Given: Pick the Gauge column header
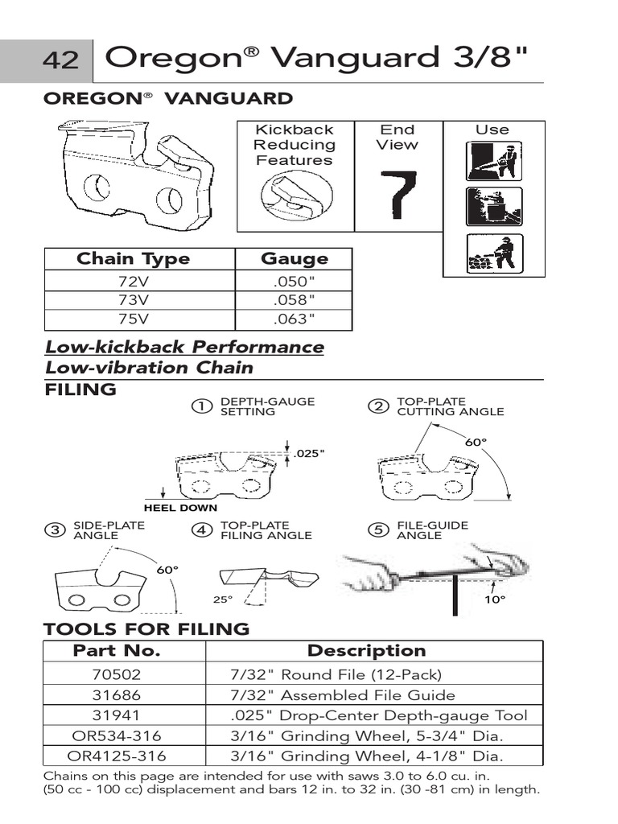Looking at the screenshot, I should point(295,258).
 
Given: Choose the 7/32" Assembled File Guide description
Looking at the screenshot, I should point(343,694).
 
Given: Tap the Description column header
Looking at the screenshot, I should point(366,650).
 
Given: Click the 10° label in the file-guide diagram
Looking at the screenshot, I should point(496,600).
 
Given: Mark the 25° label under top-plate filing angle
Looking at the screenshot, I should point(222,599).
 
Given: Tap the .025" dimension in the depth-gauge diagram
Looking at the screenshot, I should point(310,454).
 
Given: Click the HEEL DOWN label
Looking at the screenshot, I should point(180,508).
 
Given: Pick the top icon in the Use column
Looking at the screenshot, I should point(494,161).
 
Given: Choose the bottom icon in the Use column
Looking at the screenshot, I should point(494,253).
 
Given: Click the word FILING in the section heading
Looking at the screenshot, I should point(80,390).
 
